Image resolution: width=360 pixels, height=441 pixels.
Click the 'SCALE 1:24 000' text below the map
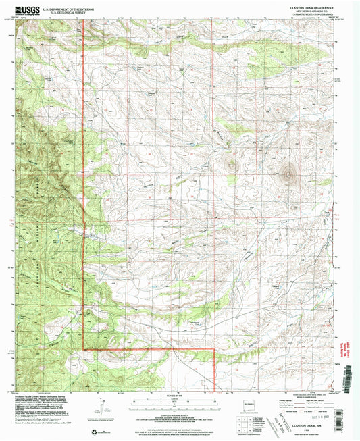pyautogui.click(x=178, y=395)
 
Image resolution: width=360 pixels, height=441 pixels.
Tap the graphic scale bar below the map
pyautogui.click(x=178, y=403)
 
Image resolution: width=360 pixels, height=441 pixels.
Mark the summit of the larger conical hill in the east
pyautogui.click(x=290, y=174)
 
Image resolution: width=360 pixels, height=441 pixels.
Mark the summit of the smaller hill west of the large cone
pyautogui.click(x=233, y=164)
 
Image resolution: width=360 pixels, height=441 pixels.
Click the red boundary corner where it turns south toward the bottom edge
pyautogui.click(x=215, y=349)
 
